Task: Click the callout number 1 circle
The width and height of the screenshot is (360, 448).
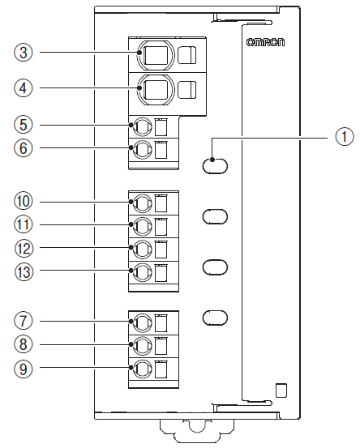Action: click(345, 137)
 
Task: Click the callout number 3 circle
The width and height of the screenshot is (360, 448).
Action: click(24, 53)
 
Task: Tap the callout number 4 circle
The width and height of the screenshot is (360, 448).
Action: click(24, 87)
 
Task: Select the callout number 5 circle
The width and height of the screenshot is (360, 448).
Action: click(24, 125)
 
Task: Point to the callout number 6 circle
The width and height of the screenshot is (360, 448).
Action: click(24, 148)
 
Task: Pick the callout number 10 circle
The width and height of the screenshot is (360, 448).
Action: click(24, 202)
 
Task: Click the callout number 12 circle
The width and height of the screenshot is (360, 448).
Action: click(24, 248)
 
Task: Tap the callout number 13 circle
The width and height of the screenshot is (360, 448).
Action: click(24, 271)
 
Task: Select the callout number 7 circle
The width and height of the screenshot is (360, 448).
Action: click(24, 321)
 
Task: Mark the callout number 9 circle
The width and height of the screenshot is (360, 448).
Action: click(24, 368)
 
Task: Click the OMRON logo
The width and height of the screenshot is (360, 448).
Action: click(265, 42)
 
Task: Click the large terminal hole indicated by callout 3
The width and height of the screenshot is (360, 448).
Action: click(155, 54)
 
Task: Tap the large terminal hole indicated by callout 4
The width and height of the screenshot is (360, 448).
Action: click(155, 89)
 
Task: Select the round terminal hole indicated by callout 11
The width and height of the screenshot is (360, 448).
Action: click(143, 226)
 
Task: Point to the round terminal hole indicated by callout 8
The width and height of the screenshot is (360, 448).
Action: click(143, 345)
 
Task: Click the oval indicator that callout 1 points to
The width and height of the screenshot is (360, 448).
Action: click(215, 166)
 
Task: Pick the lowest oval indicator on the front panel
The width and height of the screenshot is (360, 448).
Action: click(215, 318)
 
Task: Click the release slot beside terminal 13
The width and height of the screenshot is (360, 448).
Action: click(161, 273)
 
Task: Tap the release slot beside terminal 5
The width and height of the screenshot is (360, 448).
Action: click(161, 127)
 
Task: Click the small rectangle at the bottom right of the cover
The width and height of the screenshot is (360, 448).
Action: click(281, 390)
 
